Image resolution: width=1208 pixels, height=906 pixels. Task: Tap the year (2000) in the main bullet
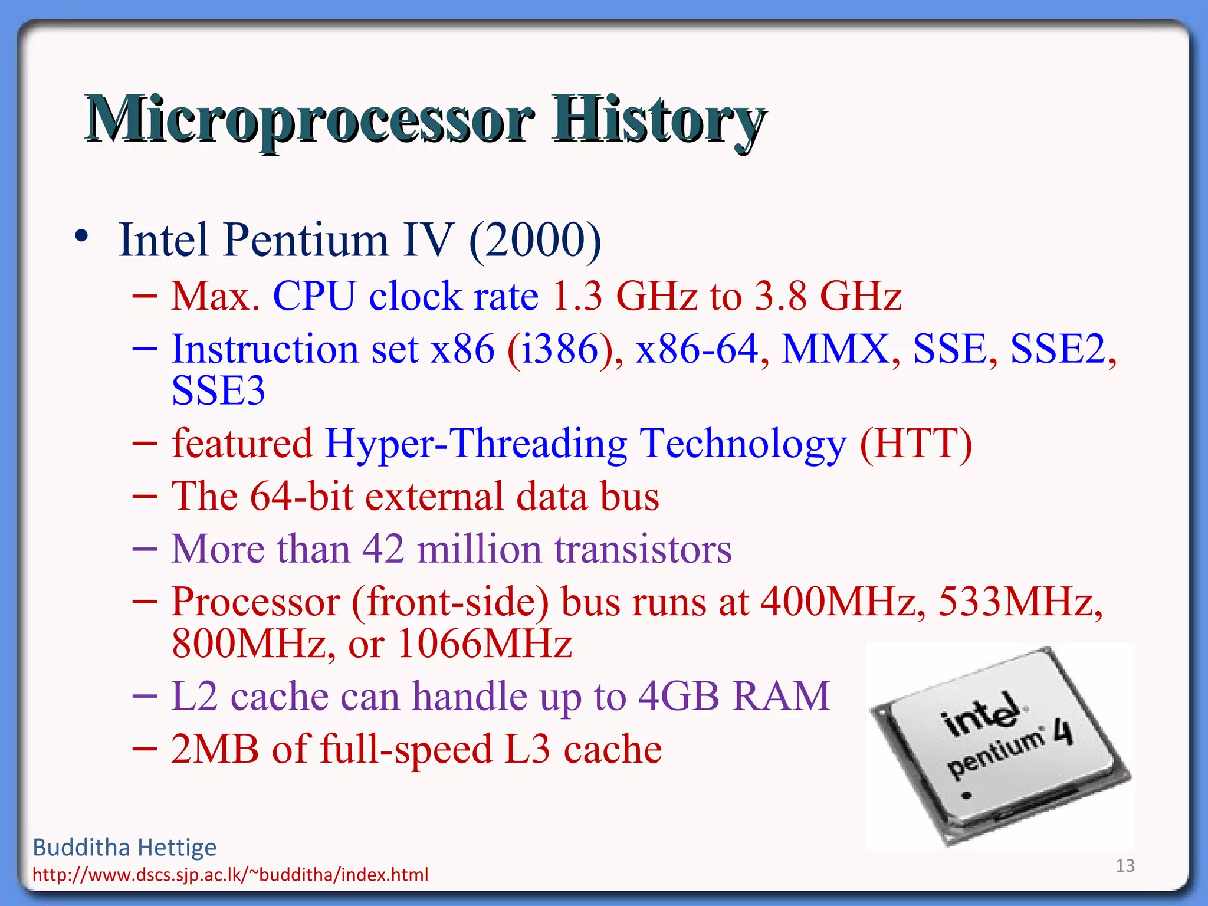click(534, 240)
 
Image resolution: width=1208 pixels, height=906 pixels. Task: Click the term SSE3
click(218, 390)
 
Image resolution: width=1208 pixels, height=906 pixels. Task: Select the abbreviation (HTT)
click(915, 444)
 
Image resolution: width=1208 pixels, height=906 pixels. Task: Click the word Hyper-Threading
click(475, 444)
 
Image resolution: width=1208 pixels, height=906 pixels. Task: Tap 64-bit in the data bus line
click(301, 496)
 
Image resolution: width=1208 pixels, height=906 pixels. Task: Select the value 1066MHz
click(484, 644)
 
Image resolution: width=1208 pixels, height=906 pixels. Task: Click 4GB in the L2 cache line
click(678, 697)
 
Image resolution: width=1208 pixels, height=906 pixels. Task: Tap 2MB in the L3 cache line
click(215, 750)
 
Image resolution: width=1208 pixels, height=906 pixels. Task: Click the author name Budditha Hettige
click(124, 848)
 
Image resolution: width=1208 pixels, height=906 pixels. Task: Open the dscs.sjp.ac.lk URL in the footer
click(230, 875)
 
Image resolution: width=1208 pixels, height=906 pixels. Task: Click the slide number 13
click(1125, 865)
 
